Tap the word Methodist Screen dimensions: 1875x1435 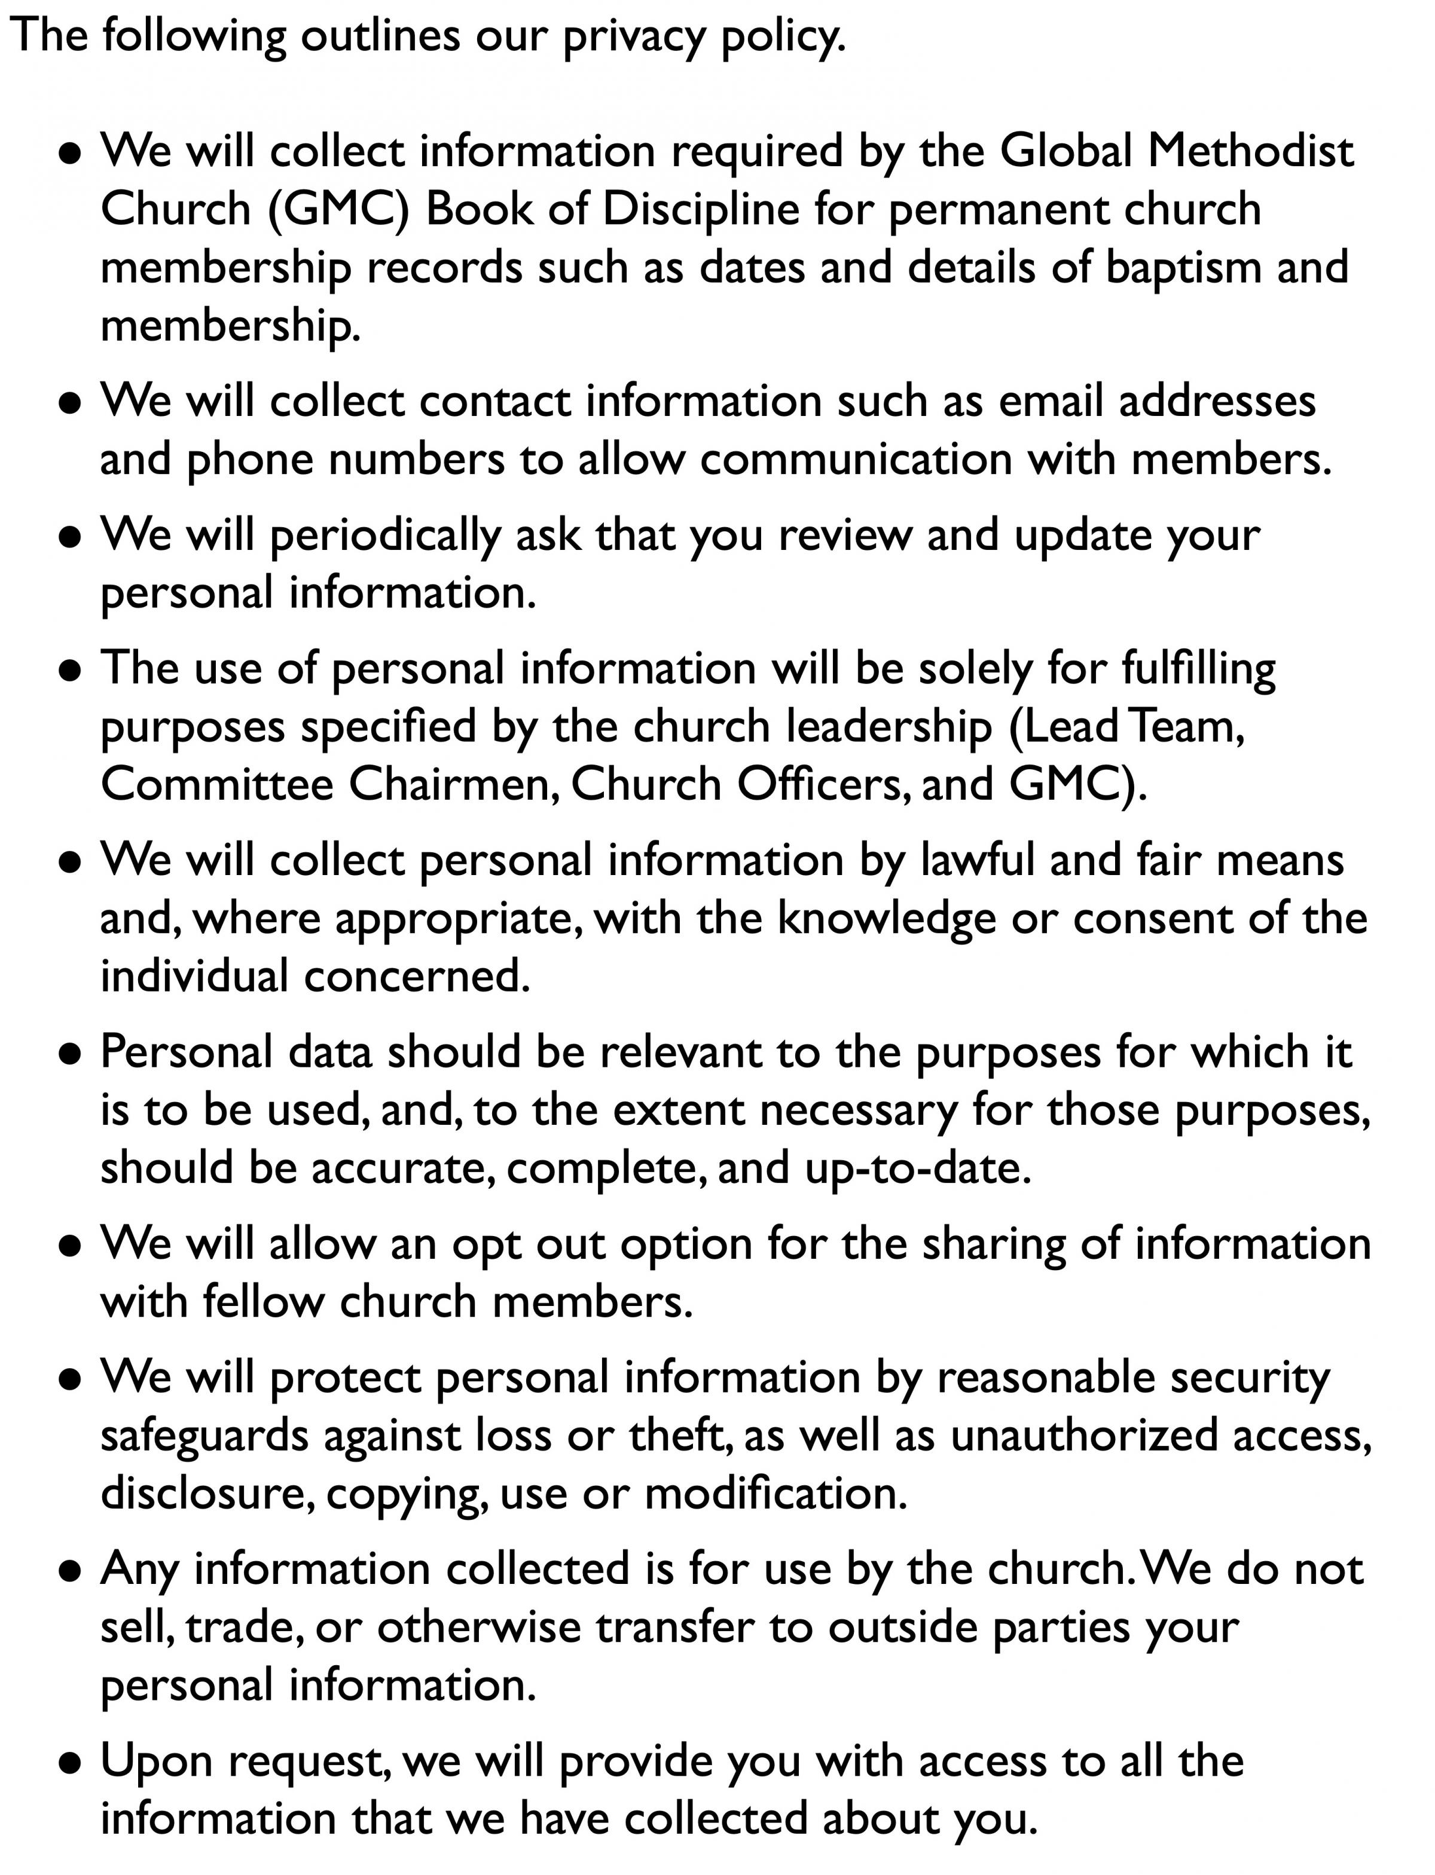coord(1250,151)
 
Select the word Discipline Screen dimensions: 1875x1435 coord(700,209)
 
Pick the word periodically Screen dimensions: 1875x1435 coord(385,536)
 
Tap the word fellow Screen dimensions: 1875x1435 coord(263,1302)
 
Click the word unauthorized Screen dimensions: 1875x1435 coord(1084,1436)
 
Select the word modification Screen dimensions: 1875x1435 coord(775,1494)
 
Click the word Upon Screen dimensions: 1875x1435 coord(156,1761)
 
